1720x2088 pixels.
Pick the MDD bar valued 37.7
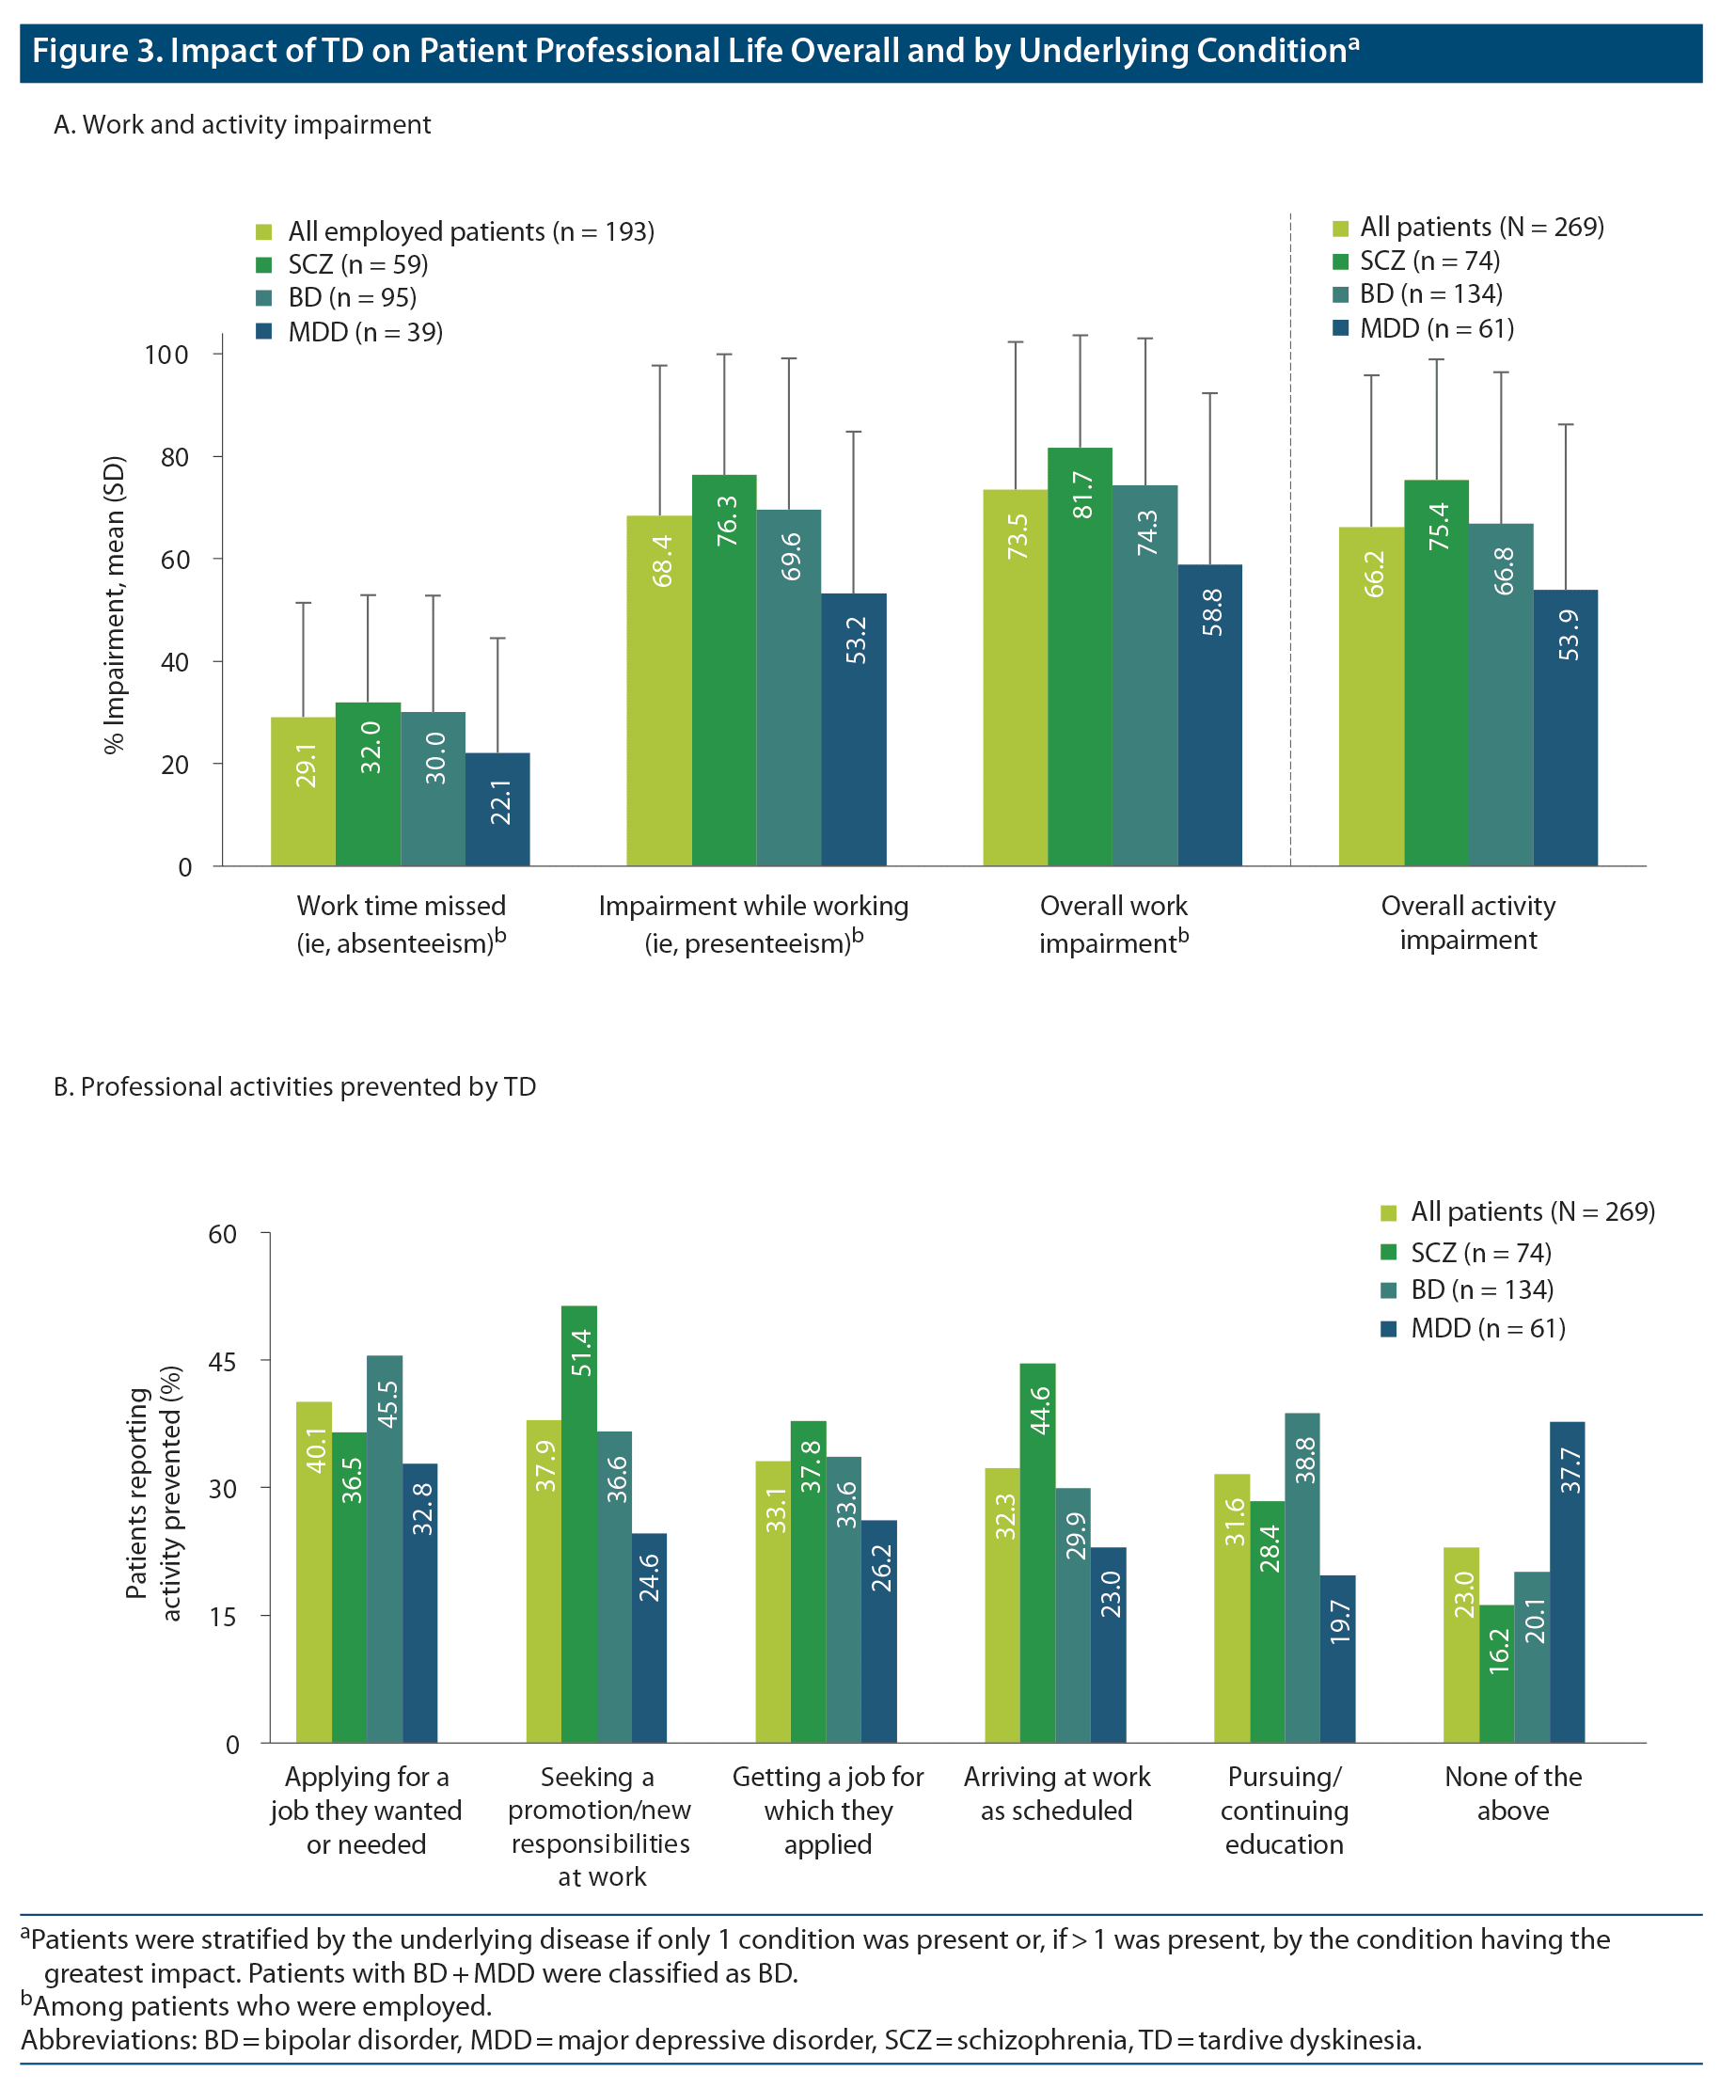[x=1567, y=1581]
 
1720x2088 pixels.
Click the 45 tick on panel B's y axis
[x=223, y=1361]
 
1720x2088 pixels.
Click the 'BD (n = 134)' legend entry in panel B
[x=1481, y=1289]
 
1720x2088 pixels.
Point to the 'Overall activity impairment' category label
[x=1467, y=923]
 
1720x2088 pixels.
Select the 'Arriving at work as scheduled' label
[x=1056, y=1793]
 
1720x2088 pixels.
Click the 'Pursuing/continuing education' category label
[x=1284, y=1810]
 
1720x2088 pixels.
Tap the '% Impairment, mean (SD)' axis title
[x=115, y=605]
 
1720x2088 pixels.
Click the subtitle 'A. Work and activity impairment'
[x=242, y=125]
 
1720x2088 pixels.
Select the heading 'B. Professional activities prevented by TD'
[x=294, y=1086]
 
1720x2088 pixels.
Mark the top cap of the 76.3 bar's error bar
[x=724, y=354]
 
